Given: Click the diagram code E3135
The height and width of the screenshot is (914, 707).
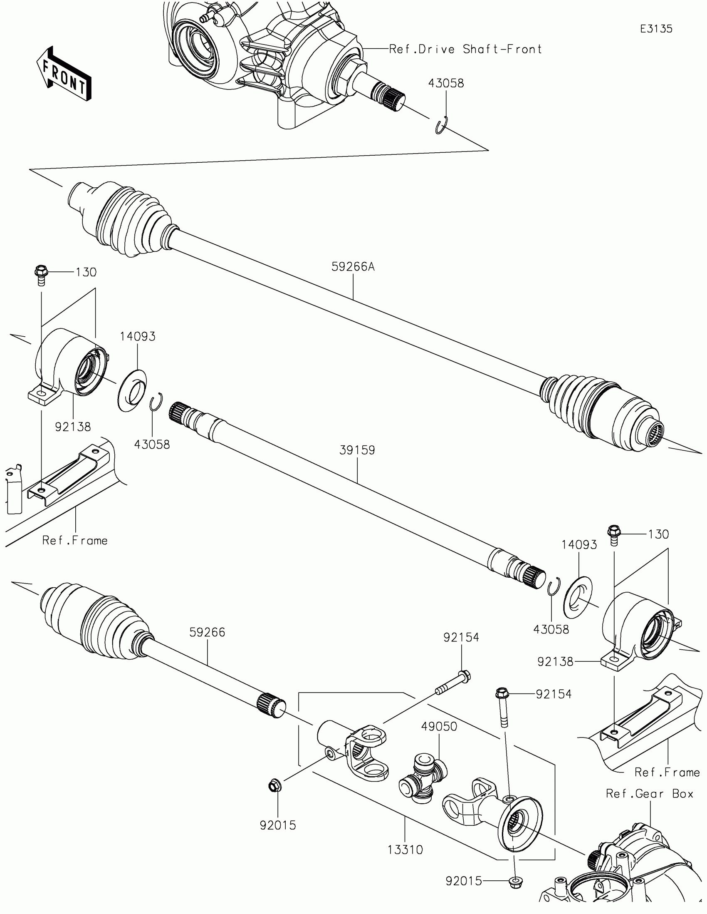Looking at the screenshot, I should click(656, 29).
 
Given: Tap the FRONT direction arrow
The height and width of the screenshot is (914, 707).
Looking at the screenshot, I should click(64, 73).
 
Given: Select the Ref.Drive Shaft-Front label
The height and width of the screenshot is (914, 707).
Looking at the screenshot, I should click(465, 50).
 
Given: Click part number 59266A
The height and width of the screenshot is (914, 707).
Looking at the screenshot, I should click(353, 266).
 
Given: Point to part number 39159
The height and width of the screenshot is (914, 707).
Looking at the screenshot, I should click(357, 450).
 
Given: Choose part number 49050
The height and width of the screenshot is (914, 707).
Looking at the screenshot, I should click(439, 726).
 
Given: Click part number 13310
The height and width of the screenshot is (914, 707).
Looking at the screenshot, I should click(405, 850).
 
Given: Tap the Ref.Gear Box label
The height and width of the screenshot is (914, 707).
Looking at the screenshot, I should click(649, 793).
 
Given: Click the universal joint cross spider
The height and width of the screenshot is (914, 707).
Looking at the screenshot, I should click(423, 777).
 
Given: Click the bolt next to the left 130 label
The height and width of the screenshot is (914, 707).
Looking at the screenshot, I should click(41, 274).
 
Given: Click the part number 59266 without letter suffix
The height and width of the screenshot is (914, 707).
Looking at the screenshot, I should click(207, 632).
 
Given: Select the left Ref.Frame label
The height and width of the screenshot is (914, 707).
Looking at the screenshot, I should click(75, 541).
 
